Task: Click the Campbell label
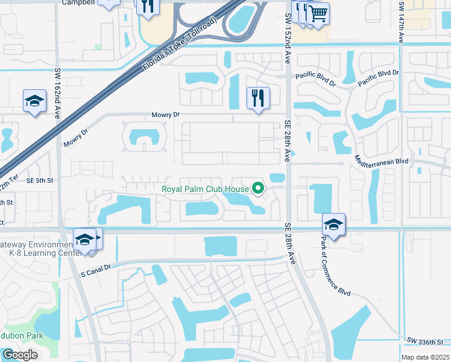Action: (x=78, y=2)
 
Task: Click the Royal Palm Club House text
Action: (x=205, y=189)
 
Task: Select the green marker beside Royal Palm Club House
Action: (x=259, y=189)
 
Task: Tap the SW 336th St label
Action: (x=429, y=340)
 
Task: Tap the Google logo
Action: (x=20, y=355)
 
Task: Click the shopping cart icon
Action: (x=318, y=12)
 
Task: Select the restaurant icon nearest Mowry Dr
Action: (x=258, y=98)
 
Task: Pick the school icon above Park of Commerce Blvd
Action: (x=333, y=224)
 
